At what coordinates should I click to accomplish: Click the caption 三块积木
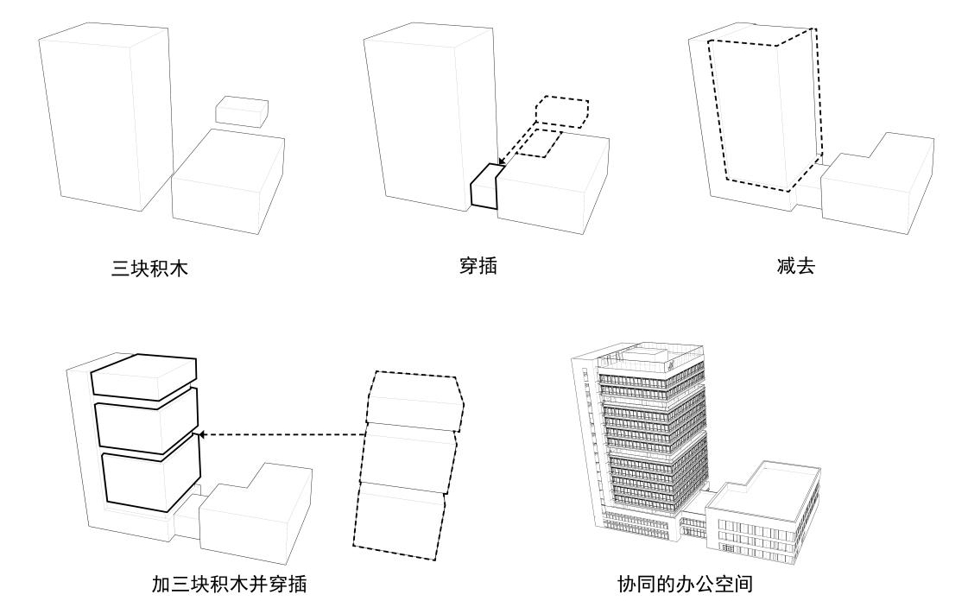pos(149,269)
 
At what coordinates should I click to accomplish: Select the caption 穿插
pos(478,265)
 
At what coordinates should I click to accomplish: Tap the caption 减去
pos(795,265)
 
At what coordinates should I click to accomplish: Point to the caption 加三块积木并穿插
pos(229,585)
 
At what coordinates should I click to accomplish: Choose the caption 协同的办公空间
pos(685,585)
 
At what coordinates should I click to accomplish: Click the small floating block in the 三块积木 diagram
pos(241,111)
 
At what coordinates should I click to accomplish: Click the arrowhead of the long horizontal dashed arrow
pos(201,435)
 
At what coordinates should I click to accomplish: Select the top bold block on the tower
pos(144,377)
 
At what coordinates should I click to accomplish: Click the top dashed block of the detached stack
pos(413,400)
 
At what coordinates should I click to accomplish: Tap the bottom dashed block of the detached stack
pos(400,516)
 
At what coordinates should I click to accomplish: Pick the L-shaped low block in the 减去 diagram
pos(876,186)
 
